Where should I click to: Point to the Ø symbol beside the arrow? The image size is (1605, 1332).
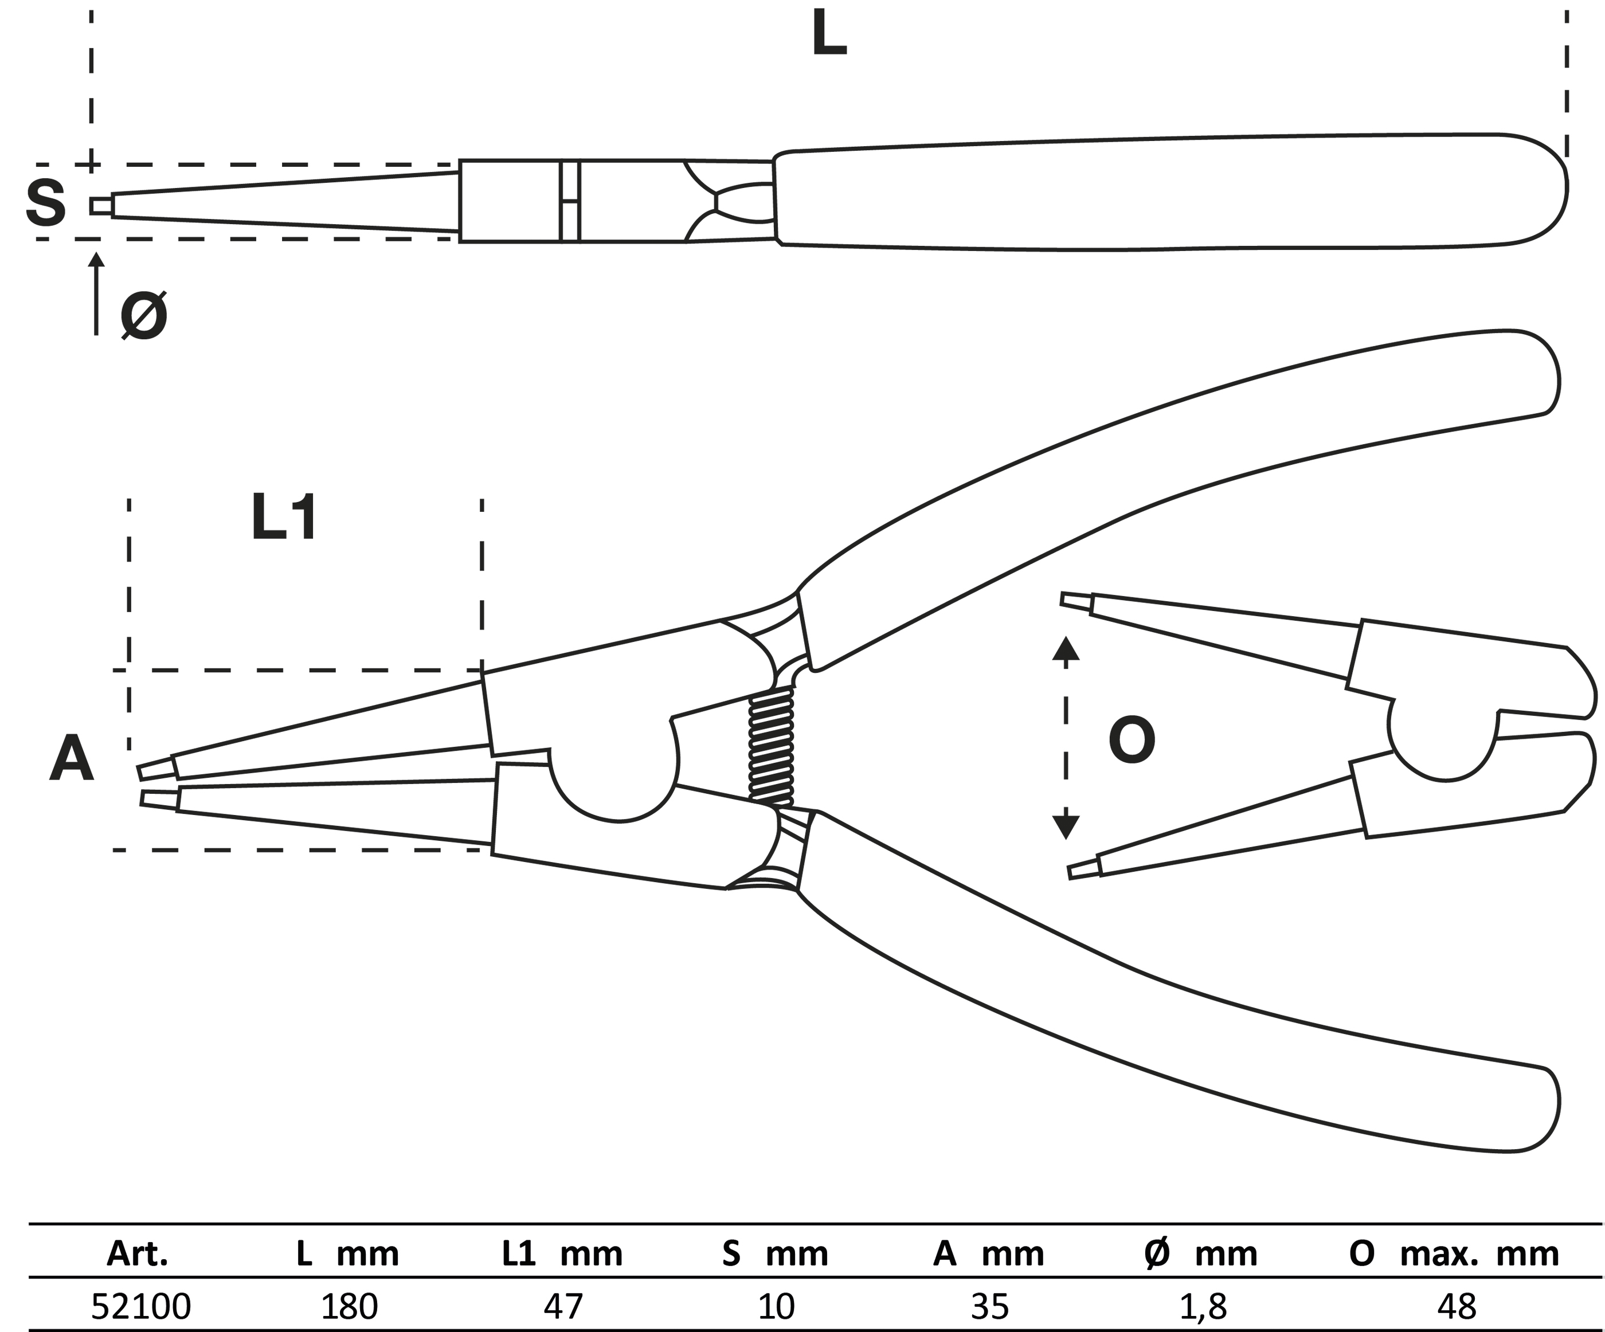144,316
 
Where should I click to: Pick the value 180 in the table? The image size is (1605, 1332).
349,1306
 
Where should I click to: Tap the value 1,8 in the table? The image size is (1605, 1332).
1203,1306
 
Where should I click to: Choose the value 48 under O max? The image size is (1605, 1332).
1456,1306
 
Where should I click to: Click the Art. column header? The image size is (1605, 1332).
138,1254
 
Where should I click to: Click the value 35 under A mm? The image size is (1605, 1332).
990,1306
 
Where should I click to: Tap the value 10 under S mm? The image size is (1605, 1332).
776,1306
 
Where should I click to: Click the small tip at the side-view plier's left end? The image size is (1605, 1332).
101,206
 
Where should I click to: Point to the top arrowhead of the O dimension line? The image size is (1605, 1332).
1066,649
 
